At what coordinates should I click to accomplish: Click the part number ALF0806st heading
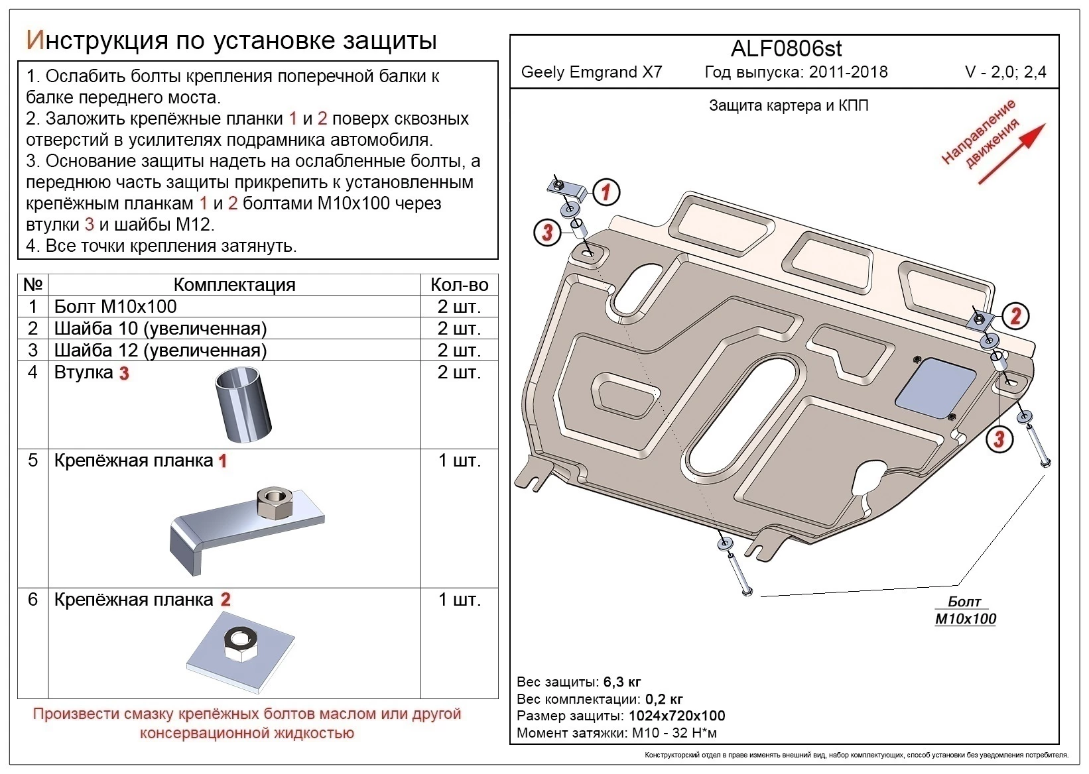(x=786, y=48)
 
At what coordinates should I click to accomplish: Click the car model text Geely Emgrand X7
(x=592, y=72)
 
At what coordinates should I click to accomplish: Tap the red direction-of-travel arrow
(x=1011, y=154)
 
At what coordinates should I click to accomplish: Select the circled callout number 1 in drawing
(x=606, y=192)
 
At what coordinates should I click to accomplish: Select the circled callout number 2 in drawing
(x=1015, y=315)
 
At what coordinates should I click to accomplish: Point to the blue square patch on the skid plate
(x=936, y=388)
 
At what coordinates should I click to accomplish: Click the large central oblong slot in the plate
(x=743, y=417)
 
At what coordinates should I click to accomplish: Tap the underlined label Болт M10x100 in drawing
(x=965, y=610)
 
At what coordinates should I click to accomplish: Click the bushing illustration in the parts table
(x=243, y=405)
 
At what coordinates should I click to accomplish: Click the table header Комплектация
(x=234, y=285)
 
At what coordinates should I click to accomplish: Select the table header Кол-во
(x=459, y=285)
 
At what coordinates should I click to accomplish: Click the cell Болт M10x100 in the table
(x=115, y=307)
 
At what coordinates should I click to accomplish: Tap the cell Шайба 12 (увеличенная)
(x=160, y=351)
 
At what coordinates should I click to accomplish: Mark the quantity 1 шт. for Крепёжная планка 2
(x=459, y=600)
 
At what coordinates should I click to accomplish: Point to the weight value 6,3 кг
(x=622, y=682)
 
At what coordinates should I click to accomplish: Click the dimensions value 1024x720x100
(x=676, y=716)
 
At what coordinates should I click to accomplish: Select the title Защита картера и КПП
(x=789, y=105)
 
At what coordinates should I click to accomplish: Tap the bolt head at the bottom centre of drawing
(x=746, y=590)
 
